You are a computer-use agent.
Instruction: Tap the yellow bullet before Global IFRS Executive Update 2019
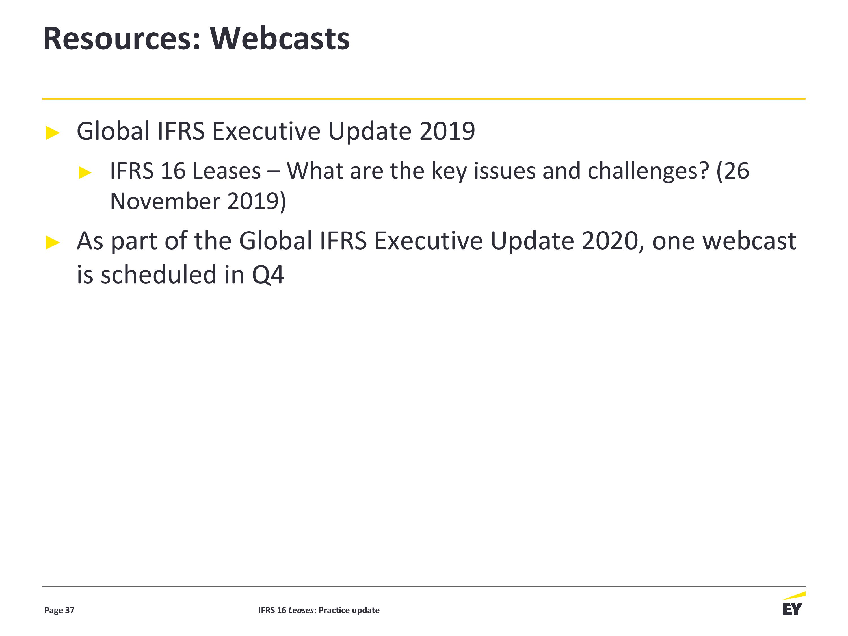coord(53,133)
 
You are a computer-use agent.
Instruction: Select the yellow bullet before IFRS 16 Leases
coord(85,172)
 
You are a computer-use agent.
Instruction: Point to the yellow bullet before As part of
coord(53,242)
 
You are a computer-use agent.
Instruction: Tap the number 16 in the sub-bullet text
coord(173,171)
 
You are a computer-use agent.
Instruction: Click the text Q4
coord(268,275)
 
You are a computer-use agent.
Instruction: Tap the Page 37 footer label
coord(59,610)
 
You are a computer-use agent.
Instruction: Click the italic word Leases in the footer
coord(301,610)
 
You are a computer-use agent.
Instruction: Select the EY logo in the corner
coord(793,604)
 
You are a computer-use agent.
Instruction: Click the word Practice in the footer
coord(334,610)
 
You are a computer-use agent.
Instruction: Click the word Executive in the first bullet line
coord(267,131)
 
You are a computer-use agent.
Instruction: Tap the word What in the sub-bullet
coord(315,171)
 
